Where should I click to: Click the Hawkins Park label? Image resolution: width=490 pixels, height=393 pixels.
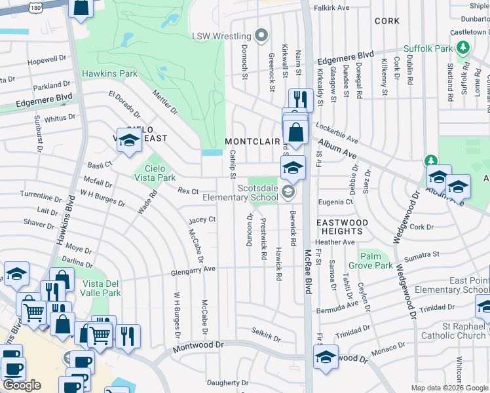click(x=109, y=74)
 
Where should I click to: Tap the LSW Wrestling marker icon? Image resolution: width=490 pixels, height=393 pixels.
click(x=262, y=35)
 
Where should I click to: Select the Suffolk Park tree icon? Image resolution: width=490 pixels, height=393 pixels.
click(x=464, y=48)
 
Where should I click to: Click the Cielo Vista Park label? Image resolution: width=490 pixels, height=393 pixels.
click(x=160, y=173)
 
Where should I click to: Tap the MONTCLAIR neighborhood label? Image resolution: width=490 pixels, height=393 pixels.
click(x=252, y=141)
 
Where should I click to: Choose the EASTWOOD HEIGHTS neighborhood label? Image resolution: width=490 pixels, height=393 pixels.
click(x=342, y=227)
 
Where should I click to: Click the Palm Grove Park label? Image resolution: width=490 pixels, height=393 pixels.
click(x=376, y=261)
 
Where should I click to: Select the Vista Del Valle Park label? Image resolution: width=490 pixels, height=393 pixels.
click(x=102, y=288)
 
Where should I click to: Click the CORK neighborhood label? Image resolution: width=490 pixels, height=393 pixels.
click(x=386, y=21)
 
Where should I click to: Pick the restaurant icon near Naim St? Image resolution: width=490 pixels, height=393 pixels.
click(x=300, y=99)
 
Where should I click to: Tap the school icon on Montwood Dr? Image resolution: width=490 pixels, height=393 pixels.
click(x=326, y=357)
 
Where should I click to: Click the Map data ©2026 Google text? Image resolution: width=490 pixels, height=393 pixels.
click(x=449, y=388)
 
